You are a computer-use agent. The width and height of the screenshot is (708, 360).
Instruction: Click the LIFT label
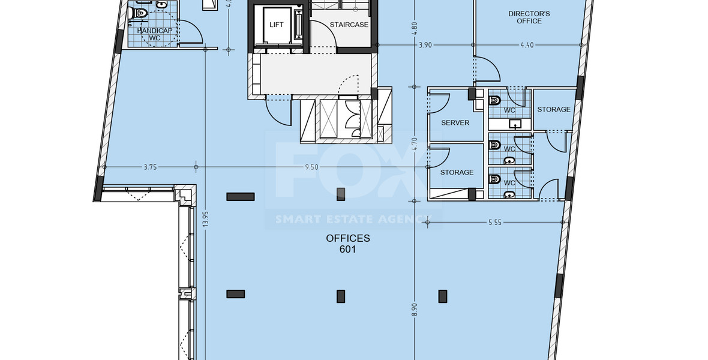click(277, 25)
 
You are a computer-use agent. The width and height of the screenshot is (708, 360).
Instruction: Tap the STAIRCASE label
click(349, 25)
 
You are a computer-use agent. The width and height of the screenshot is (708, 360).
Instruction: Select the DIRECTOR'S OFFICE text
click(529, 17)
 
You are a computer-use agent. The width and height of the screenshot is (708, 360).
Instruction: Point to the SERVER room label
click(455, 122)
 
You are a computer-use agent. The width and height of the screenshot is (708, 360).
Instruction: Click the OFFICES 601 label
click(348, 244)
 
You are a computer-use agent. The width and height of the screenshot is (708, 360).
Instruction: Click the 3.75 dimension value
click(149, 167)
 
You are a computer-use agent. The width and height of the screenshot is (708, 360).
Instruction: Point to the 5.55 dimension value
click(494, 223)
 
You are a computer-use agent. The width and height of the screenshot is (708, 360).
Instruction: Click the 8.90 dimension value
click(414, 310)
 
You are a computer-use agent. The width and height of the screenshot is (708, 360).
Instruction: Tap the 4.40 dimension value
click(527, 45)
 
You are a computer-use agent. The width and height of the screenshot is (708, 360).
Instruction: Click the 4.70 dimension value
click(414, 145)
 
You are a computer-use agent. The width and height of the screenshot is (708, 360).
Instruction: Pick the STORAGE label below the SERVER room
click(457, 172)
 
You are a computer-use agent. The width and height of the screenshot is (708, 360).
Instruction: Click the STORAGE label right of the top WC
click(553, 109)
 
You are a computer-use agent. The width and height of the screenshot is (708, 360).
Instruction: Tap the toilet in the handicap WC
click(141, 13)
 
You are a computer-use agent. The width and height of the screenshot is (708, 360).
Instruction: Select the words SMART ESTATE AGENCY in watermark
click(353, 219)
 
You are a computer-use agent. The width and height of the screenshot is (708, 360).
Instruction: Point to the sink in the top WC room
click(515, 124)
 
